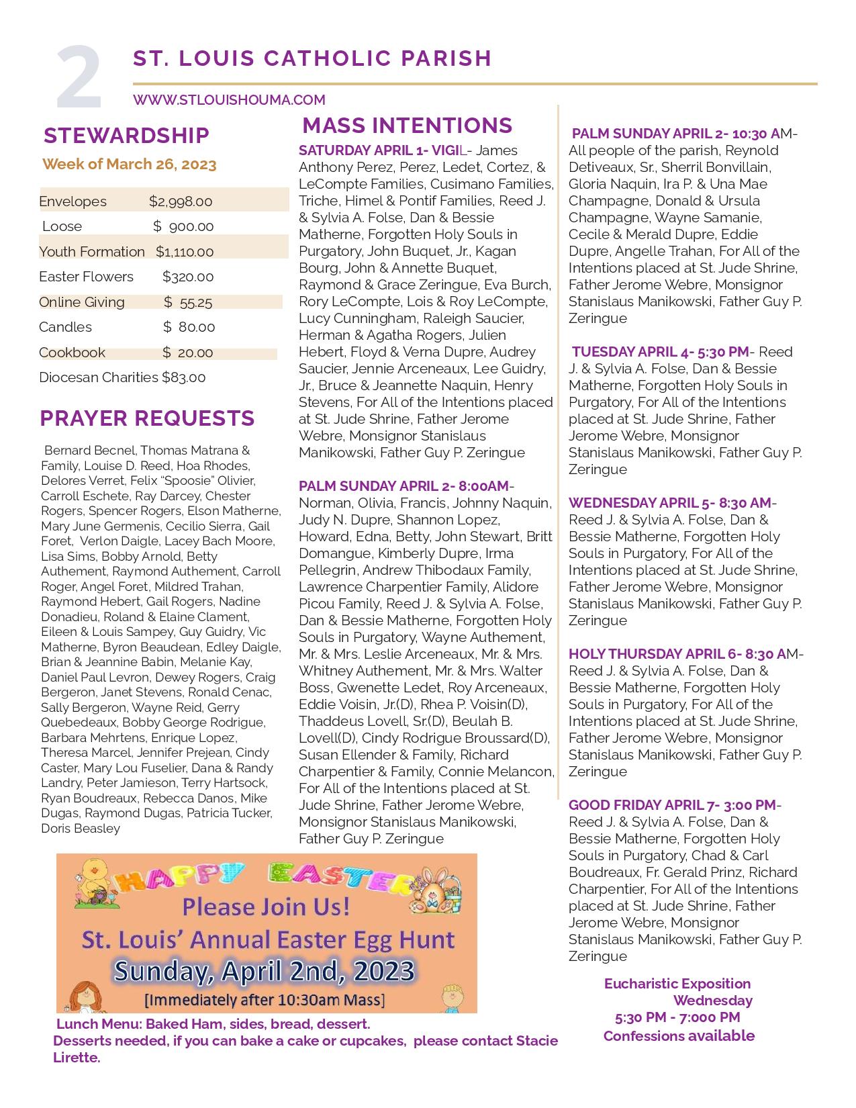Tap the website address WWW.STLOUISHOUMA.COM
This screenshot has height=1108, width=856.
point(229,100)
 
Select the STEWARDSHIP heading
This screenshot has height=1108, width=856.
point(126,136)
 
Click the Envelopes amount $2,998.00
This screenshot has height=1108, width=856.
point(181,201)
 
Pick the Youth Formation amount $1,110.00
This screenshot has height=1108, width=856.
point(185,252)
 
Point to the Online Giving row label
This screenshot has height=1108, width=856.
point(82,302)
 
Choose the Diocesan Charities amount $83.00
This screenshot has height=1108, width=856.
point(183,377)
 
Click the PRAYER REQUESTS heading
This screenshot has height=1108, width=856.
point(147,418)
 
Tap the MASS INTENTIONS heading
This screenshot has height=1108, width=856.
point(407,126)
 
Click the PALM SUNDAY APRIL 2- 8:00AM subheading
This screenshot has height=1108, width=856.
point(404,486)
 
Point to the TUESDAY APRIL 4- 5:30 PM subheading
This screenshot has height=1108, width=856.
point(660,352)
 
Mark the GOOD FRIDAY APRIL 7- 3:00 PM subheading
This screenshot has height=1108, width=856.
point(672,805)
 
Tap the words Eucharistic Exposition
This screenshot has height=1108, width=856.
point(677,984)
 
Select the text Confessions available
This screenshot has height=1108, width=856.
point(679,1036)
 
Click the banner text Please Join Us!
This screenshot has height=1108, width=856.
point(266,907)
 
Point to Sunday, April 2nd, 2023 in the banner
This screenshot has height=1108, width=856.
point(264,971)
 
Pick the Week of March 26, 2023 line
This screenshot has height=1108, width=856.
point(130,165)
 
